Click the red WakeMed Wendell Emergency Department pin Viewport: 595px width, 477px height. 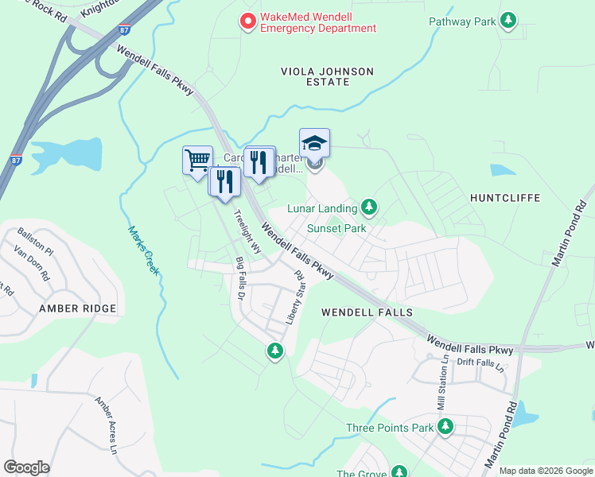click(248, 21)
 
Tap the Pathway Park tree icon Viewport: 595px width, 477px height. click(507, 21)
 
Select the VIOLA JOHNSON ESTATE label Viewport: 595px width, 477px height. click(327, 77)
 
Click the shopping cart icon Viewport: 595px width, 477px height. click(197, 160)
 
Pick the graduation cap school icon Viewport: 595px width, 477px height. click(314, 143)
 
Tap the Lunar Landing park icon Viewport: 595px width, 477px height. click(368, 207)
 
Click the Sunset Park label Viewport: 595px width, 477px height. click(336, 229)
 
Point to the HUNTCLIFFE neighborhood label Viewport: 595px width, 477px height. click(505, 197)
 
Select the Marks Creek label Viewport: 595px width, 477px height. click(144, 250)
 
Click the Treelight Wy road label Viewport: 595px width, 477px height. click(247, 231)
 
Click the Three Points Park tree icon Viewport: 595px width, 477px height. click(445, 427)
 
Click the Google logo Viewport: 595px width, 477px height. click(26, 467)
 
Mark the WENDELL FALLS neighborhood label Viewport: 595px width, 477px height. click(359, 313)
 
